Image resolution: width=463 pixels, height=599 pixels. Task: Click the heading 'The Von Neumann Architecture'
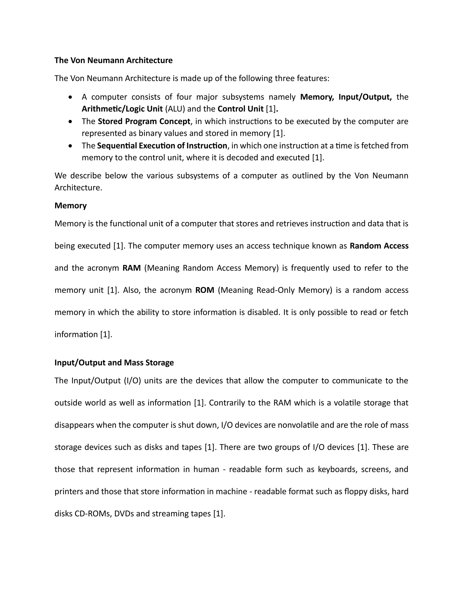click(x=113, y=60)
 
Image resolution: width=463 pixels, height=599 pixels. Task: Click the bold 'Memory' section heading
click(x=71, y=205)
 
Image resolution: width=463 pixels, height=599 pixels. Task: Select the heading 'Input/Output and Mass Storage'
click(x=114, y=362)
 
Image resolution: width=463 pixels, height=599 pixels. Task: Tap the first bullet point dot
click(x=71, y=97)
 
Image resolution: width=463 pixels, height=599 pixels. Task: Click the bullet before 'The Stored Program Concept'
click(x=71, y=121)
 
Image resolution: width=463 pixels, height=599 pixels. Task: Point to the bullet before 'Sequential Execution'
click(x=71, y=146)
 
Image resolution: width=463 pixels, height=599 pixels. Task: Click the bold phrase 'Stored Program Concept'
click(x=144, y=121)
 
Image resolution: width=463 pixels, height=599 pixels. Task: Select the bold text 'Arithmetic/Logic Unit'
click(x=122, y=109)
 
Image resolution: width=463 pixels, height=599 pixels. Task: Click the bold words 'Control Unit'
click(x=240, y=109)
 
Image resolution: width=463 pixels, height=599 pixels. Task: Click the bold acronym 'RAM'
click(x=131, y=268)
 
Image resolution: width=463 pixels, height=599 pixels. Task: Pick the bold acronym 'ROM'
click(x=205, y=290)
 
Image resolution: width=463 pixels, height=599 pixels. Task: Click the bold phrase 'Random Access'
click(x=379, y=246)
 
